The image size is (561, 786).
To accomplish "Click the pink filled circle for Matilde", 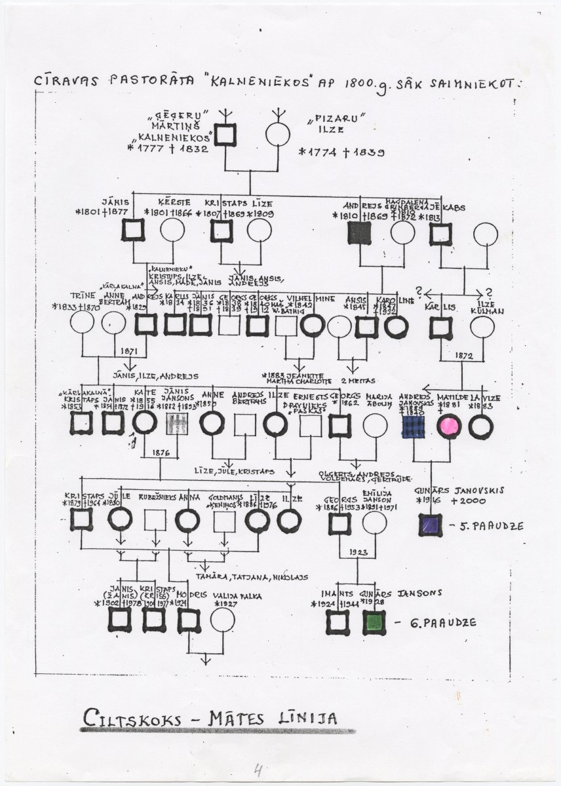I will coord(449,426).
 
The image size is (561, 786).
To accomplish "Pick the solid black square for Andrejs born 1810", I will coord(360,233).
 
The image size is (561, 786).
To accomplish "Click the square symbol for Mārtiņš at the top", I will coord(226,135).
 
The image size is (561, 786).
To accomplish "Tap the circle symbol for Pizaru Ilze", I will coord(278,135).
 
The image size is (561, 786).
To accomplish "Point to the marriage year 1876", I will coord(161,451).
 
